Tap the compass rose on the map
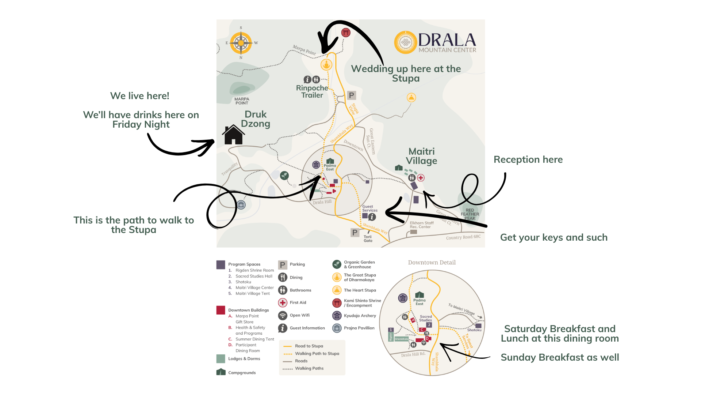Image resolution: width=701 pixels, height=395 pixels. pos(241,43)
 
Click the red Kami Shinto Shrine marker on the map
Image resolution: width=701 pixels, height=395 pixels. pos(346,33)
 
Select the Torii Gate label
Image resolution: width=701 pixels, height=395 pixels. pos(368,239)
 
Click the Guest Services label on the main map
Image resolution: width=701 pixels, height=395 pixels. pos(370,208)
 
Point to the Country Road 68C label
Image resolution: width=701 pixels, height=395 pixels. pos(463,237)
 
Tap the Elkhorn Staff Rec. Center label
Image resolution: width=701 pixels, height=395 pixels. pos(422,225)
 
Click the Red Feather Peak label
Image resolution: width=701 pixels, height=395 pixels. pos(470,214)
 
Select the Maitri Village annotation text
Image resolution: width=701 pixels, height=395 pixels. pos(422,156)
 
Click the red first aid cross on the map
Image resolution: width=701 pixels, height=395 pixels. pos(421,178)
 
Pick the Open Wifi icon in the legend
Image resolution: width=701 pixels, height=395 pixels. pos(283,315)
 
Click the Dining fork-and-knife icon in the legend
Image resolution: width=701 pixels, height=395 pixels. pos(283,277)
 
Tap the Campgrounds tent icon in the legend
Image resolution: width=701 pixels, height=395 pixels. pos(221,372)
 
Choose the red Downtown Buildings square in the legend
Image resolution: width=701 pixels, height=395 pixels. pos(221,310)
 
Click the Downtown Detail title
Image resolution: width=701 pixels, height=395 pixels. pos(432,263)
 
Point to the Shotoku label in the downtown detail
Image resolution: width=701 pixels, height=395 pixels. pos(474,330)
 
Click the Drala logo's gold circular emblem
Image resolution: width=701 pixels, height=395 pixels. pos(405,42)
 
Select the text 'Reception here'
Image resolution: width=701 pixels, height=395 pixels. pos(528,159)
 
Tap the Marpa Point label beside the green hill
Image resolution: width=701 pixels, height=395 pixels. pos(242,101)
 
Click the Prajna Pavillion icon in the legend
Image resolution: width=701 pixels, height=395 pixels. pos(337,328)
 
